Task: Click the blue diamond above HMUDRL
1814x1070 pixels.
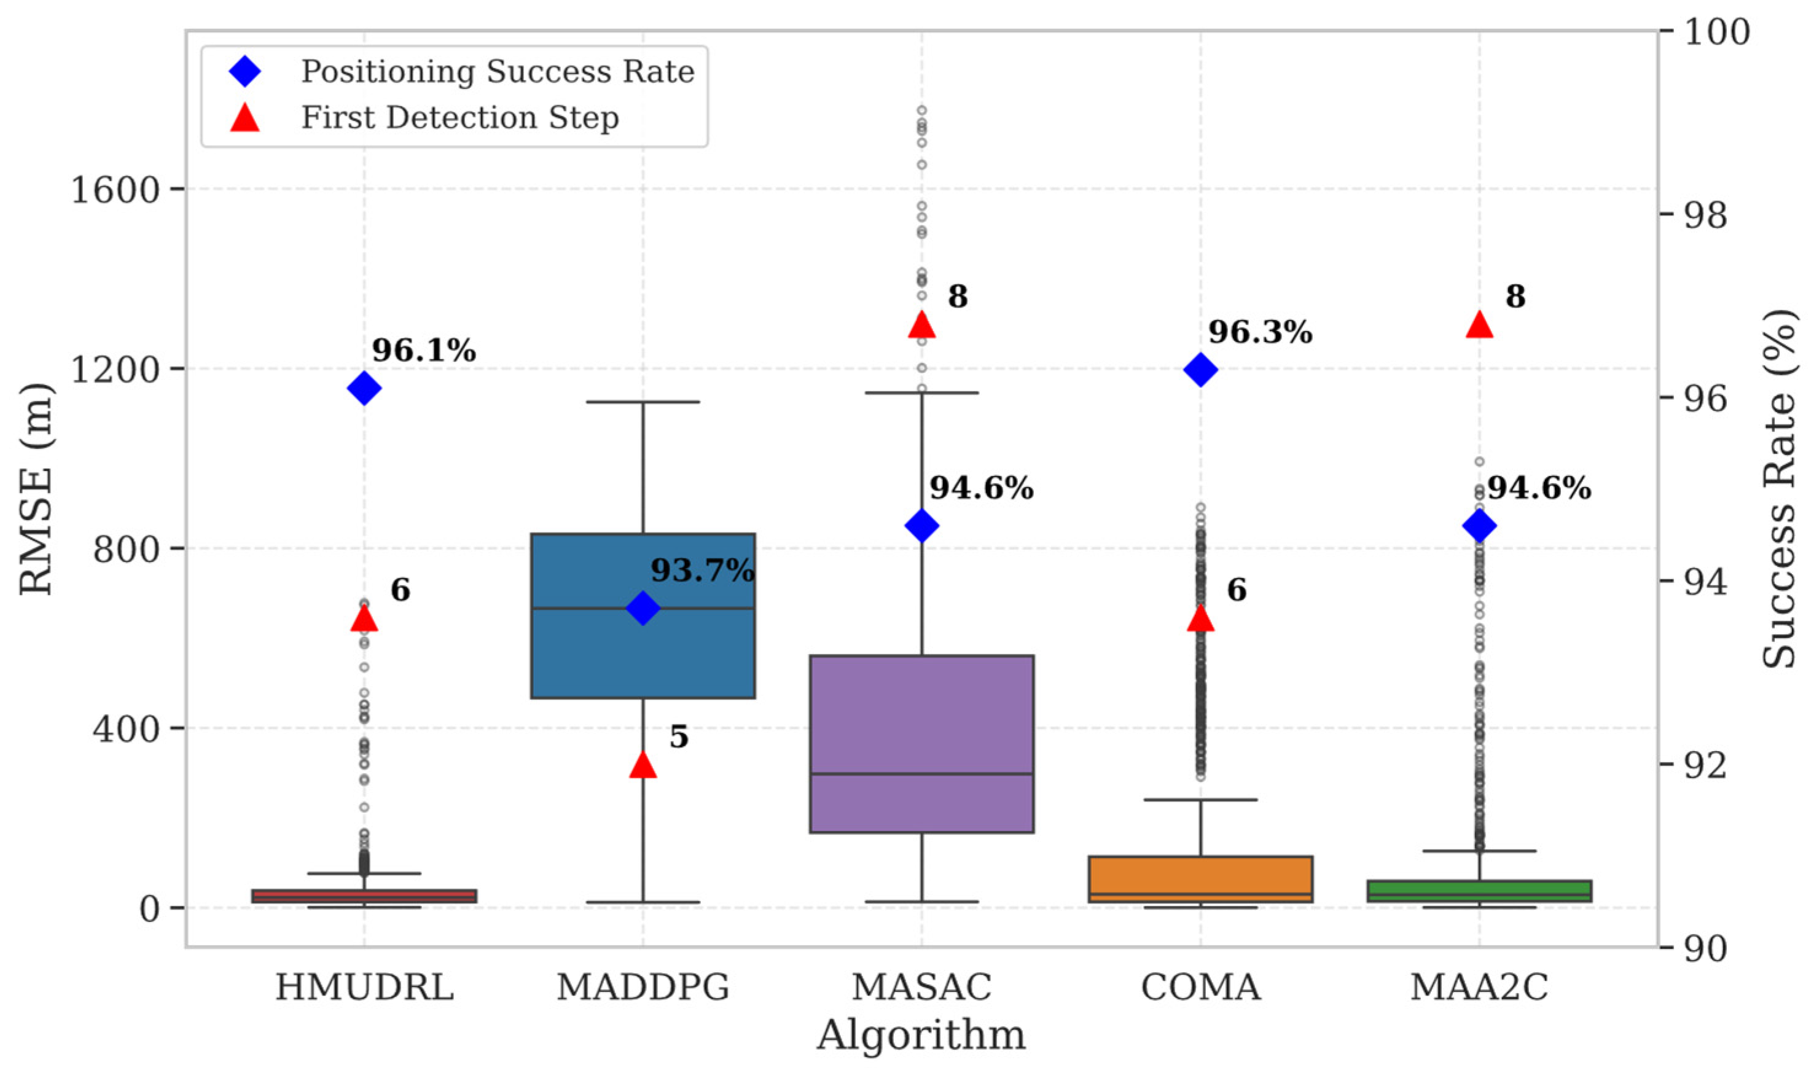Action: tap(364, 389)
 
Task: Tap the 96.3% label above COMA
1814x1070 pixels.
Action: tap(1261, 332)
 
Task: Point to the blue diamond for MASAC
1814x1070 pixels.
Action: tap(921, 526)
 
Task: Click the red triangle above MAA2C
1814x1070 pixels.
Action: tap(1479, 325)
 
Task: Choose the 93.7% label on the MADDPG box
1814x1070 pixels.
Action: tap(702, 571)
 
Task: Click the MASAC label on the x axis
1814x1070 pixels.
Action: tap(921, 987)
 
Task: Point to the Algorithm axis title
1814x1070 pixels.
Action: tap(921, 1036)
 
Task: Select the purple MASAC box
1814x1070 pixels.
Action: tap(921, 743)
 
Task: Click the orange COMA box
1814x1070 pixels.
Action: tap(1200, 878)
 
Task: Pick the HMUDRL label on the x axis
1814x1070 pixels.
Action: tap(364, 987)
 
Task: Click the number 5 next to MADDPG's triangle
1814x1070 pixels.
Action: tap(678, 736)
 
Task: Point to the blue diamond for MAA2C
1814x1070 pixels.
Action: tap(1479, 526)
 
